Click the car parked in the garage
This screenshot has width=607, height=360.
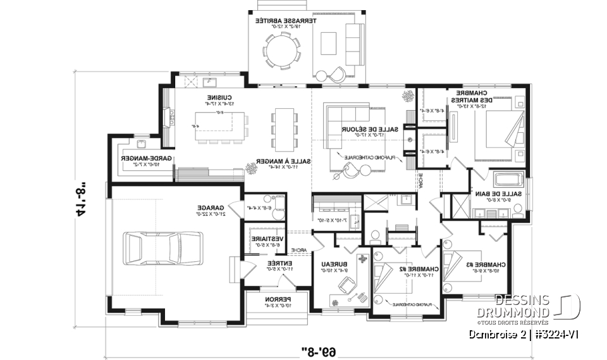pos(163,248)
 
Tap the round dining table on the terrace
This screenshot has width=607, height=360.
pos(283,49)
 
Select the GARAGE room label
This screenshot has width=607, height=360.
pos(207,211)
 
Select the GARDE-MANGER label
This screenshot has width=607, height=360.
pos(140,161)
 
